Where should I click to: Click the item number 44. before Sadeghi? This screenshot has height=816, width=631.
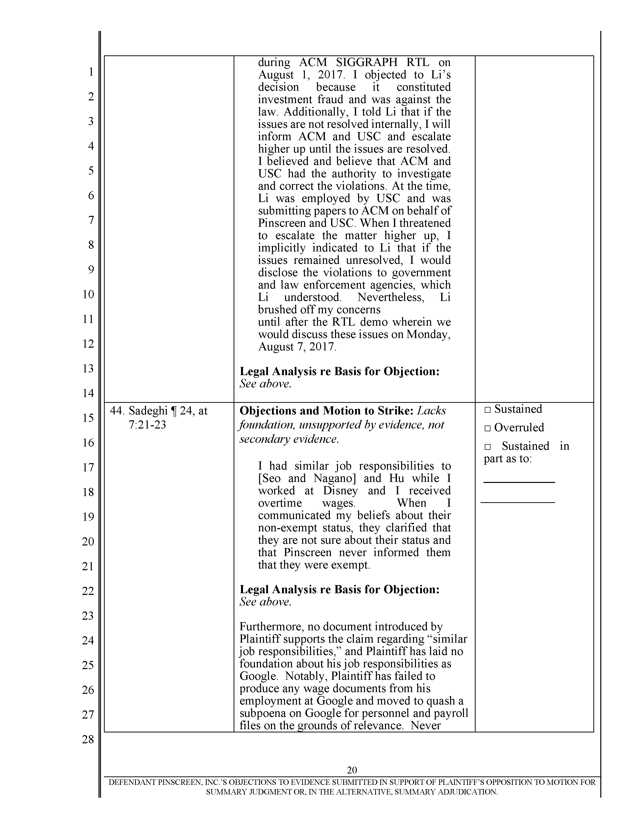pyautogui.click(x=116, y=411)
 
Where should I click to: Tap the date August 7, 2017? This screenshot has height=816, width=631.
pyautogui.click(x=297, y=347)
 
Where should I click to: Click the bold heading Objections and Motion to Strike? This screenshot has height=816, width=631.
pyautogui.click(x=326, y=411)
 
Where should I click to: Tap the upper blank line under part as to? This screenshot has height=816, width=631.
pyautogui.click(x=519, y=482)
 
